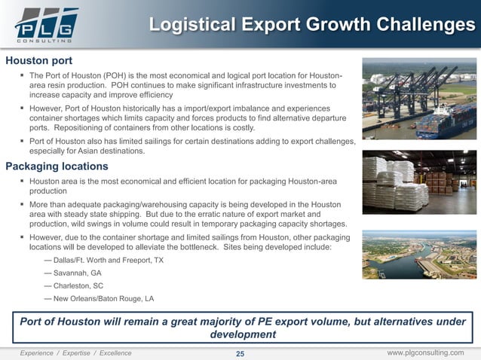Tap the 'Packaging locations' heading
click(57, 166)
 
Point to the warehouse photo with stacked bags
click(418, 184)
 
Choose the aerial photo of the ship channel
click(418, 255)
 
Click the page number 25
click(240, 353)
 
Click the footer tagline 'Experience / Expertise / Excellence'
click(75, 352)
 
